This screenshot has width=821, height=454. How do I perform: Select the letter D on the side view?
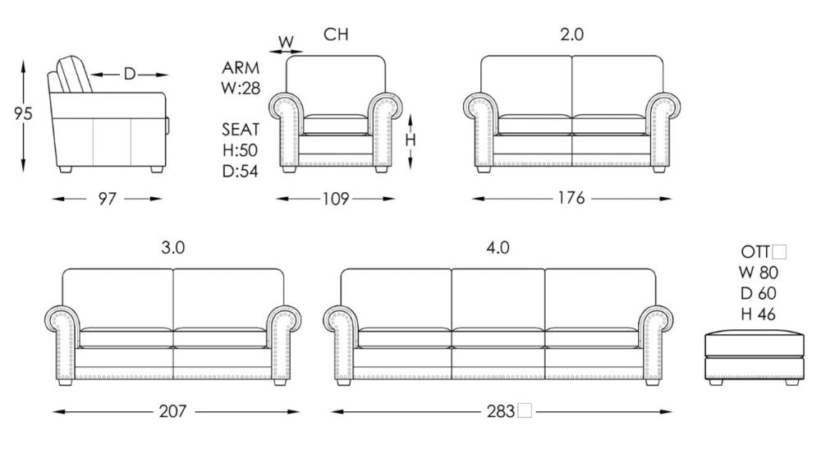point(130,74)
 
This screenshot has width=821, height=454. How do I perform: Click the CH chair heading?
point(336,34)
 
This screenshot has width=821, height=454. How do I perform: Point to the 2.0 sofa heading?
point(571,34)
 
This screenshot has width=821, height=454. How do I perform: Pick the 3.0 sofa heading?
point(172,247)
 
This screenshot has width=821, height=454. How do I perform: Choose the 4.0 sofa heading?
point(498,247)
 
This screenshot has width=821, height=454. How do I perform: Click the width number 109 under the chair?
point(337,198)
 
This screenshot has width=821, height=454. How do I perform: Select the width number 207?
point(173,411)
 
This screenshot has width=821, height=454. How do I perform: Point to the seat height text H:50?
point(241,149)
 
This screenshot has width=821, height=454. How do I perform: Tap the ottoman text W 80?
point(759,273)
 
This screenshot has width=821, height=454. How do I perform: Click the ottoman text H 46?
point(759,314)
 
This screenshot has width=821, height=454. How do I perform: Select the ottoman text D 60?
point(759,294)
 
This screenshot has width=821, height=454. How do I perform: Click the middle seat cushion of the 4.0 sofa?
point(498,337)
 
